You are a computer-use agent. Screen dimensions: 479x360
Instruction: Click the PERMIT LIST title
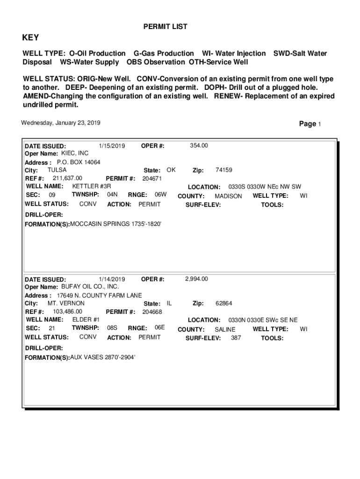click(x=165, y=27)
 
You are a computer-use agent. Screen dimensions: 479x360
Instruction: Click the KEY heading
click(x=31, y=38)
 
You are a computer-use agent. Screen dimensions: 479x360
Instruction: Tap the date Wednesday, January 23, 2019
click(x=60, y=123)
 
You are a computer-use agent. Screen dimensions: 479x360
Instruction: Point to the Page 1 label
click(x=310, y=124)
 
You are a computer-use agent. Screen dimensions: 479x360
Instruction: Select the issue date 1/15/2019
click(x=112, y=145)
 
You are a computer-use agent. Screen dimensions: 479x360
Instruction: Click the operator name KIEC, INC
click(x=75, y=153)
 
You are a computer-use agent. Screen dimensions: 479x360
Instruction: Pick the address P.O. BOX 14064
click(x=79, y=162)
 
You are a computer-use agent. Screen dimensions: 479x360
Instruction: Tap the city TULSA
click(x=57, y=170)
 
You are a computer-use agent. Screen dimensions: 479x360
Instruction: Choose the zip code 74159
click(x=223, y=170)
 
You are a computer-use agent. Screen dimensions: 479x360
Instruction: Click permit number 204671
click(x=152, y=179)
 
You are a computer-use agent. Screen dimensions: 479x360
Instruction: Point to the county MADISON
click(x=228, y=196)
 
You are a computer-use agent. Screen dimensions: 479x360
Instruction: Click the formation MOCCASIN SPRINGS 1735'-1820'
click(x=115, y=224)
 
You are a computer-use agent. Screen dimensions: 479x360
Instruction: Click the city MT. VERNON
click(x=66, y=303)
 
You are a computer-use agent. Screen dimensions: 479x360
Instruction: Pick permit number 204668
click(x=152, y=312)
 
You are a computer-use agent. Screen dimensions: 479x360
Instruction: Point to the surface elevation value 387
click(x=236, y=338)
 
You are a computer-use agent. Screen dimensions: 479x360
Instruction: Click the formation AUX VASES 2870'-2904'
click(x=102, y=357)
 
